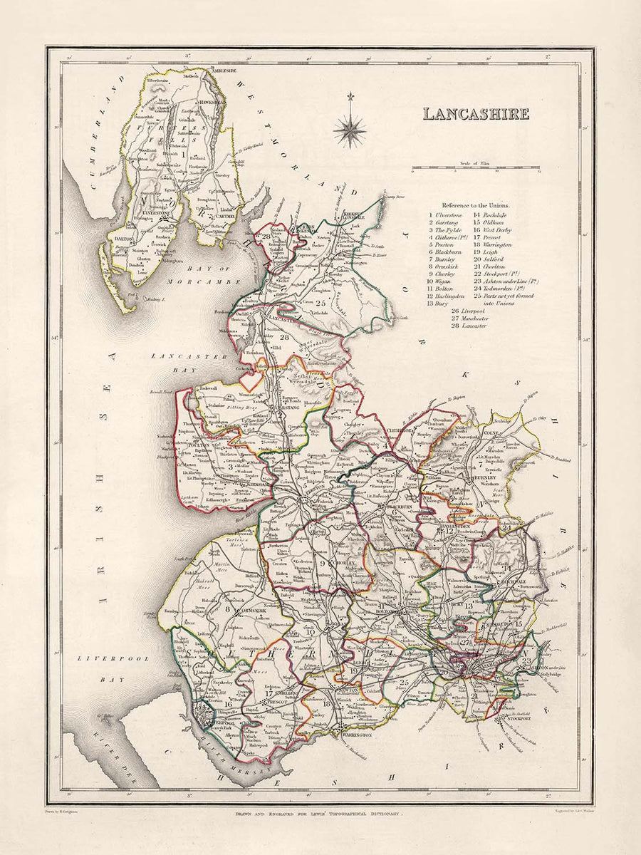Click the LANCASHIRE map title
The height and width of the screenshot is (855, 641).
[476, 113]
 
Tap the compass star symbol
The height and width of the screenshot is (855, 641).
[350, 130]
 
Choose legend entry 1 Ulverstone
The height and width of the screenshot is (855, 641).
[446, 214]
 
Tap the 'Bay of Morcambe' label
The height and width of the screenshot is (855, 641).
[194, 274]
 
